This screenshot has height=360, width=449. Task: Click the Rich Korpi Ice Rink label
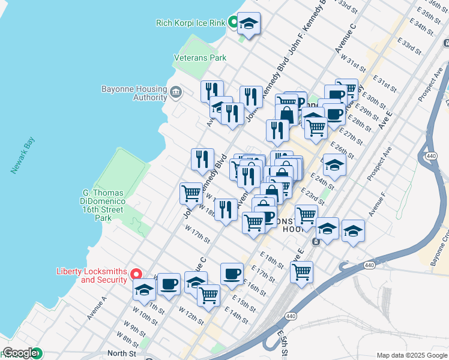(190, 23)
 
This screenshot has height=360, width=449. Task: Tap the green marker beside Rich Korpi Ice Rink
(232, 23)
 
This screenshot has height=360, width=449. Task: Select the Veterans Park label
(200, 58)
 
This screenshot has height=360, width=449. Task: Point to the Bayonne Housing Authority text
(134, 93)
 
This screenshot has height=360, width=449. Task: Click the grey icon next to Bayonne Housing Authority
(176, 92)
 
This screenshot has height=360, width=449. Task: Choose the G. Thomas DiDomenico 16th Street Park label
(103, 205)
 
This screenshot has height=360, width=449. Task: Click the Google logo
(20, 353)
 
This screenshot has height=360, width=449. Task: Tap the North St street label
(120, 353)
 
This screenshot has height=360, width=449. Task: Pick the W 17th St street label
(197, 235)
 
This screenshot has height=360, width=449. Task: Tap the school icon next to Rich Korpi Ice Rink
(249, 24)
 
